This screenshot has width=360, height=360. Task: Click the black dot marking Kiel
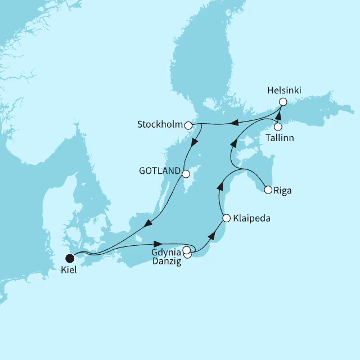tap(70, 259)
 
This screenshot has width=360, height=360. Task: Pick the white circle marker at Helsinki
tap(283, 102)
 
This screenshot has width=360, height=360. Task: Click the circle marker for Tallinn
tap(277, 126)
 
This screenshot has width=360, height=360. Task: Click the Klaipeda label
tap(251, 218)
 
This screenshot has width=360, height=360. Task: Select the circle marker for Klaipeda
tap(226, 218)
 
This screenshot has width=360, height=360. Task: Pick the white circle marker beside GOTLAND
tap(186, 173)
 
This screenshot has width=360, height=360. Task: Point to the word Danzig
tap(166, 262)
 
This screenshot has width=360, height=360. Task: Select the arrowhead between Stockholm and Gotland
tap(193, 143)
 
